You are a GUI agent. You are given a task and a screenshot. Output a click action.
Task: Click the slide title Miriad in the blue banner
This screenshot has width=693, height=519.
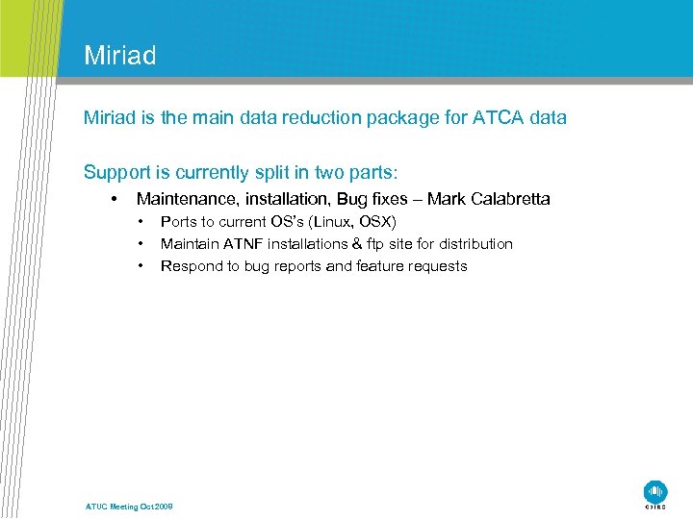[119, 56]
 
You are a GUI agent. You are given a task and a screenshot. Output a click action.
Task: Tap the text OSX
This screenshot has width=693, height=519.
[379, 222]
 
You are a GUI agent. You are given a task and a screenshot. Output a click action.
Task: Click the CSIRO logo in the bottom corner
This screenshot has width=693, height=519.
[655, 493]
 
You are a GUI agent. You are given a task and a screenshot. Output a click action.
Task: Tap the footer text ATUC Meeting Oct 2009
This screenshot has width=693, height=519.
[129, 507]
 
